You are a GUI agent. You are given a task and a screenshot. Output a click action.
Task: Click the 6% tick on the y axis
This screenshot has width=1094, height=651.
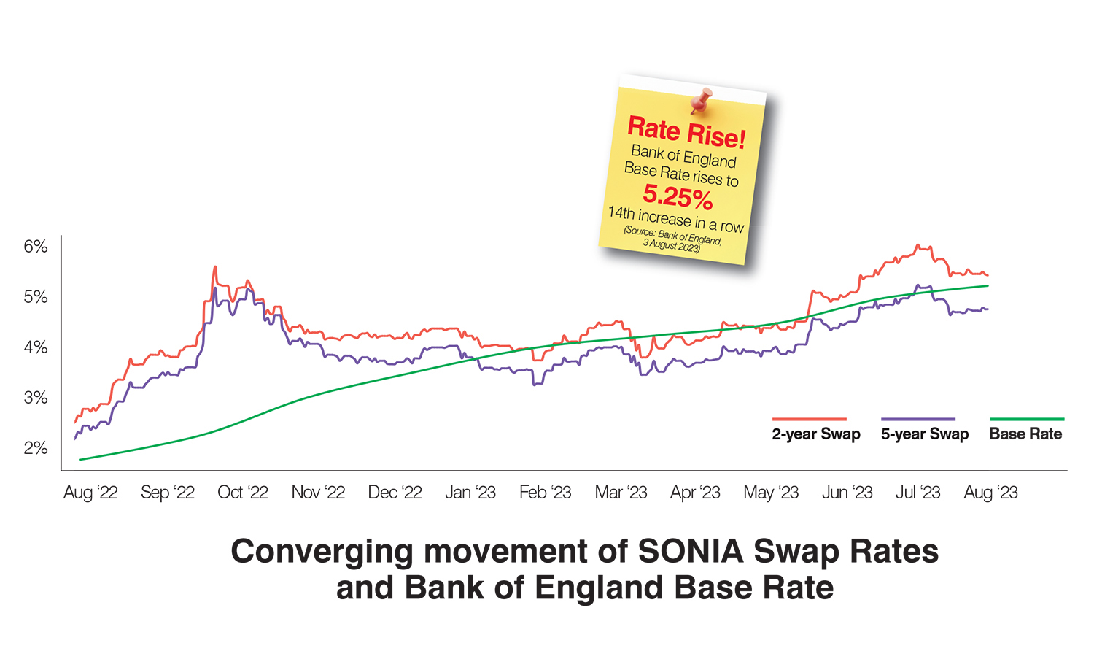[x=36, y=247]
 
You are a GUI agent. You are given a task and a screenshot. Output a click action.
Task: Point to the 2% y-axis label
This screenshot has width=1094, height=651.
[x=36, y=448]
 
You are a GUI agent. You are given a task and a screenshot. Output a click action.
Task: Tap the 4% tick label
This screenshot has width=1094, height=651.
[x=36, y=347]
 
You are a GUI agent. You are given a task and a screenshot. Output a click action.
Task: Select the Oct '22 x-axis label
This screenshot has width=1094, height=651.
[x=243, y=493]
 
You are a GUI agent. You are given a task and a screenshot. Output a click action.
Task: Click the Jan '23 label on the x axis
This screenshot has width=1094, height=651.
[x=470, y=493]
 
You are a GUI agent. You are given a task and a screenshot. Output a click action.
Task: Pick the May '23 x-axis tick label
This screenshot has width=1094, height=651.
[x=771, y=493]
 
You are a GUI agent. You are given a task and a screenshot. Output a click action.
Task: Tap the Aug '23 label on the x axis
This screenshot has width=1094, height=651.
[x=990, y=493]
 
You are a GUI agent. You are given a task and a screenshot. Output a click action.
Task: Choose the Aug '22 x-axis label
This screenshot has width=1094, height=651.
[x=90, y=493]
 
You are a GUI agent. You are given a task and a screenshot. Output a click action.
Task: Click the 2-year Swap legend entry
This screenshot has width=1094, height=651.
[x=816, y=434]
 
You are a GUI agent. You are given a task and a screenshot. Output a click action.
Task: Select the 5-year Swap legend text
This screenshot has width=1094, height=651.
[x=925, y=434]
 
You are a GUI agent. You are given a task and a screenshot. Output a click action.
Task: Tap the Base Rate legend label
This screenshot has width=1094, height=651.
[x=1025, y=434]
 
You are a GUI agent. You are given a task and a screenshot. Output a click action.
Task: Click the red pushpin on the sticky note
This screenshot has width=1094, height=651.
[x=702, y=100]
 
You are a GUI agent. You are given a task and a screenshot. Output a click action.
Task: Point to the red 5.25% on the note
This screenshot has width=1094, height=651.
[x=678, y=196]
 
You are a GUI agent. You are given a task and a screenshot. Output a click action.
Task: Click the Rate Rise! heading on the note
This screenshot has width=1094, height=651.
[x=686, y=132]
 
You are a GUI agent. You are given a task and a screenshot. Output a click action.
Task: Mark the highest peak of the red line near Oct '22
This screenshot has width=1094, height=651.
[x=215, y=267]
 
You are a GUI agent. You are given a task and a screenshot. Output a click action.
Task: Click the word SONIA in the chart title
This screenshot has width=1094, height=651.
[x=691, y=552]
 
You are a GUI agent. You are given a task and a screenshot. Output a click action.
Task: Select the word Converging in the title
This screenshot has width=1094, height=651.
[x=322, y=552]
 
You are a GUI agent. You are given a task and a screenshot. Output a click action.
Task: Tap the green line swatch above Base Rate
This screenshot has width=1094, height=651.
[x=1027, y=419]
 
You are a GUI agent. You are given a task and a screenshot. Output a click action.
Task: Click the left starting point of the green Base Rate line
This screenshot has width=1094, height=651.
[x=81, y=459]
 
